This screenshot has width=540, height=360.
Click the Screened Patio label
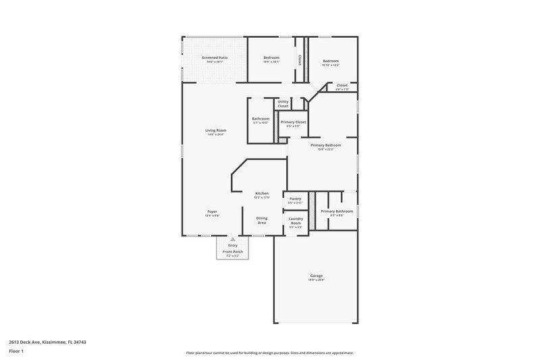pos(215,58)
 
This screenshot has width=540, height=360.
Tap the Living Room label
pos(216,130)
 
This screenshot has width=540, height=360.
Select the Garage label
pos(316,276)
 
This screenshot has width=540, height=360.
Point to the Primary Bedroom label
pos(325,145)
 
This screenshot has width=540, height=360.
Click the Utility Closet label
pos(283,103)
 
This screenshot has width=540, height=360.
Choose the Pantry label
pos(295,199)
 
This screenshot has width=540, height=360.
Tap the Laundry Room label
pos(296,220)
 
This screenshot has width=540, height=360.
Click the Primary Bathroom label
pos(337,211)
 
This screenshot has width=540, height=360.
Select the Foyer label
pos(212,211)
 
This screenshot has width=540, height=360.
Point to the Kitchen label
pos(261,193)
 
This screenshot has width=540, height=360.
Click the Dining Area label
pos(262,220)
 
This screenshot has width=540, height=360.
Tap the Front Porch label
pos(233,252)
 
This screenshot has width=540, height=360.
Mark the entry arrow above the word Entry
pos(233,239)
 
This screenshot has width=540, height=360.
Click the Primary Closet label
pos(293,122)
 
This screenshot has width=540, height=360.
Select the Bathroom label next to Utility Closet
pos(261,119)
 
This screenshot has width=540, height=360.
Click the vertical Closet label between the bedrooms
pos(300,59)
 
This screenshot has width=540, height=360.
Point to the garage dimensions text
pos(316,280)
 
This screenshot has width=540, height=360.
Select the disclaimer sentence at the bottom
pos(269,353)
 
